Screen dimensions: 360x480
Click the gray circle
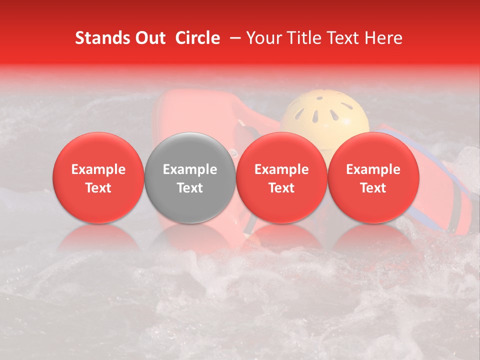[x=190, y=177]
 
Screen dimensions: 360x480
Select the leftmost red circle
[x=98, y=177]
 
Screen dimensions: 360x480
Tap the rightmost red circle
[x=373, y=177]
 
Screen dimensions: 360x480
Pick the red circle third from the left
[x=281, y=177]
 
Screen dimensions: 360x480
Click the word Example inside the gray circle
[x=190, y=169]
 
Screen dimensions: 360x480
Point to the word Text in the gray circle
[x=190, y=188]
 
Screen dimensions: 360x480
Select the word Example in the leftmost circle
[x=98, y=169]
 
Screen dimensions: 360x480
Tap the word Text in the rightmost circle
[x=373, y=188]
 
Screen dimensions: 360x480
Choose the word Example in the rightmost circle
[x=373, y=169]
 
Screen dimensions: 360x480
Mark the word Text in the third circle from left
[x=281, y=188]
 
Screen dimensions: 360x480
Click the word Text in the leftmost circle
[x=98, y=188]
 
